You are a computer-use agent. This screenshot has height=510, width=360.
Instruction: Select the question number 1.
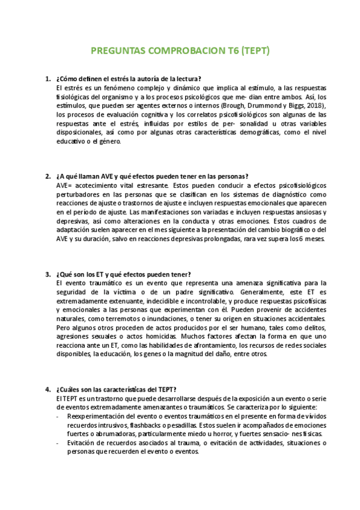(x=47, y=79)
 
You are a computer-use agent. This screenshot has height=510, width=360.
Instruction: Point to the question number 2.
(x=47, y=176)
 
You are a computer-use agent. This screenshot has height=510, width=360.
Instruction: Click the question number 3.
(x=47, y=274)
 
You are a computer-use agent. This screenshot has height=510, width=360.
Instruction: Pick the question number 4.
(x=47, y=389)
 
